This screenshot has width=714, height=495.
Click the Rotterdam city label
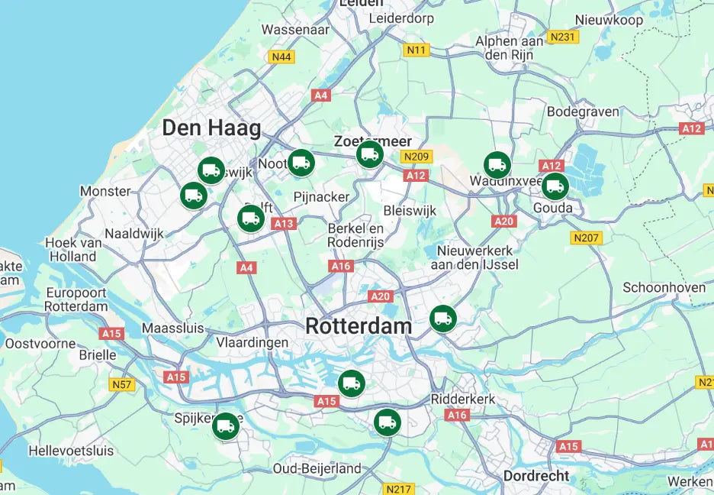[x=359, y=326]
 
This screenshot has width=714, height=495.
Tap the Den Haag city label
[x=211, y=128]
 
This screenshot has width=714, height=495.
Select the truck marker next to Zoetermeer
[x=369, y=154]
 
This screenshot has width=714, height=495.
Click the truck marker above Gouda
[x=555, y=186]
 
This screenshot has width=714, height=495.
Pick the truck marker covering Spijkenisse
[x=225, y=426]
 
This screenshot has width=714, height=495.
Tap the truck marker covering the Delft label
[x=250, y=218]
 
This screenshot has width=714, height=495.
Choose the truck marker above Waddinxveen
[x=497, y=164]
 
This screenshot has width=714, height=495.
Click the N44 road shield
[x=281, y=57]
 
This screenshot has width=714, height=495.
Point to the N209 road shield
[x=417, y=157]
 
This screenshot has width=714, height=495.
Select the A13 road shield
[x=283, y=223]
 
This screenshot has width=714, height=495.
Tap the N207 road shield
[x=587, y=238]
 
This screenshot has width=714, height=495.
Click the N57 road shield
[x=121, y=384]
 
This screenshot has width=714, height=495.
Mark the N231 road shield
[x=563, y=37]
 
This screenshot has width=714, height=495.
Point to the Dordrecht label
[x=536, y=475]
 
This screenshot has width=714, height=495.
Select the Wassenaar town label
[x=295, y=30]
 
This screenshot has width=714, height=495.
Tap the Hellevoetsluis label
[x=71, y=451]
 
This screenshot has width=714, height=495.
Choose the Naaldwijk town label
[x=134, y=234]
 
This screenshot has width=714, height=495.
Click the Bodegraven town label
[x=584, y=112]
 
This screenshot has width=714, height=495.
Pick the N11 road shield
[x=416, y=50]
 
